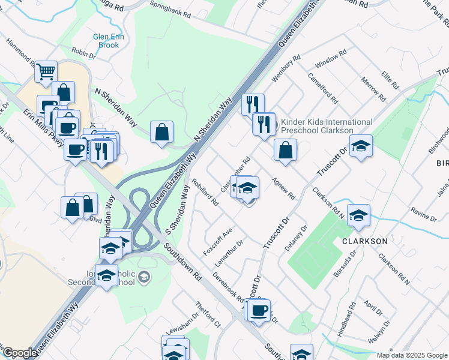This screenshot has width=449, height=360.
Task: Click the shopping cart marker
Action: [x=46, y=72]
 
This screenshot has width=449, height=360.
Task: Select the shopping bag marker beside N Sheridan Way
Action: [x=161, y=132]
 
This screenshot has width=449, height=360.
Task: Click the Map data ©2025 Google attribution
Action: [x=412, y=355]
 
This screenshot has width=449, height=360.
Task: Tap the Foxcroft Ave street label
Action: [x=217, y=242]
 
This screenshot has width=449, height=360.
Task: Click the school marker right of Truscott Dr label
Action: [x=361, y=146]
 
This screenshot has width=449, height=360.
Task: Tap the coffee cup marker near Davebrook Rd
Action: [x=259, y=311]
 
